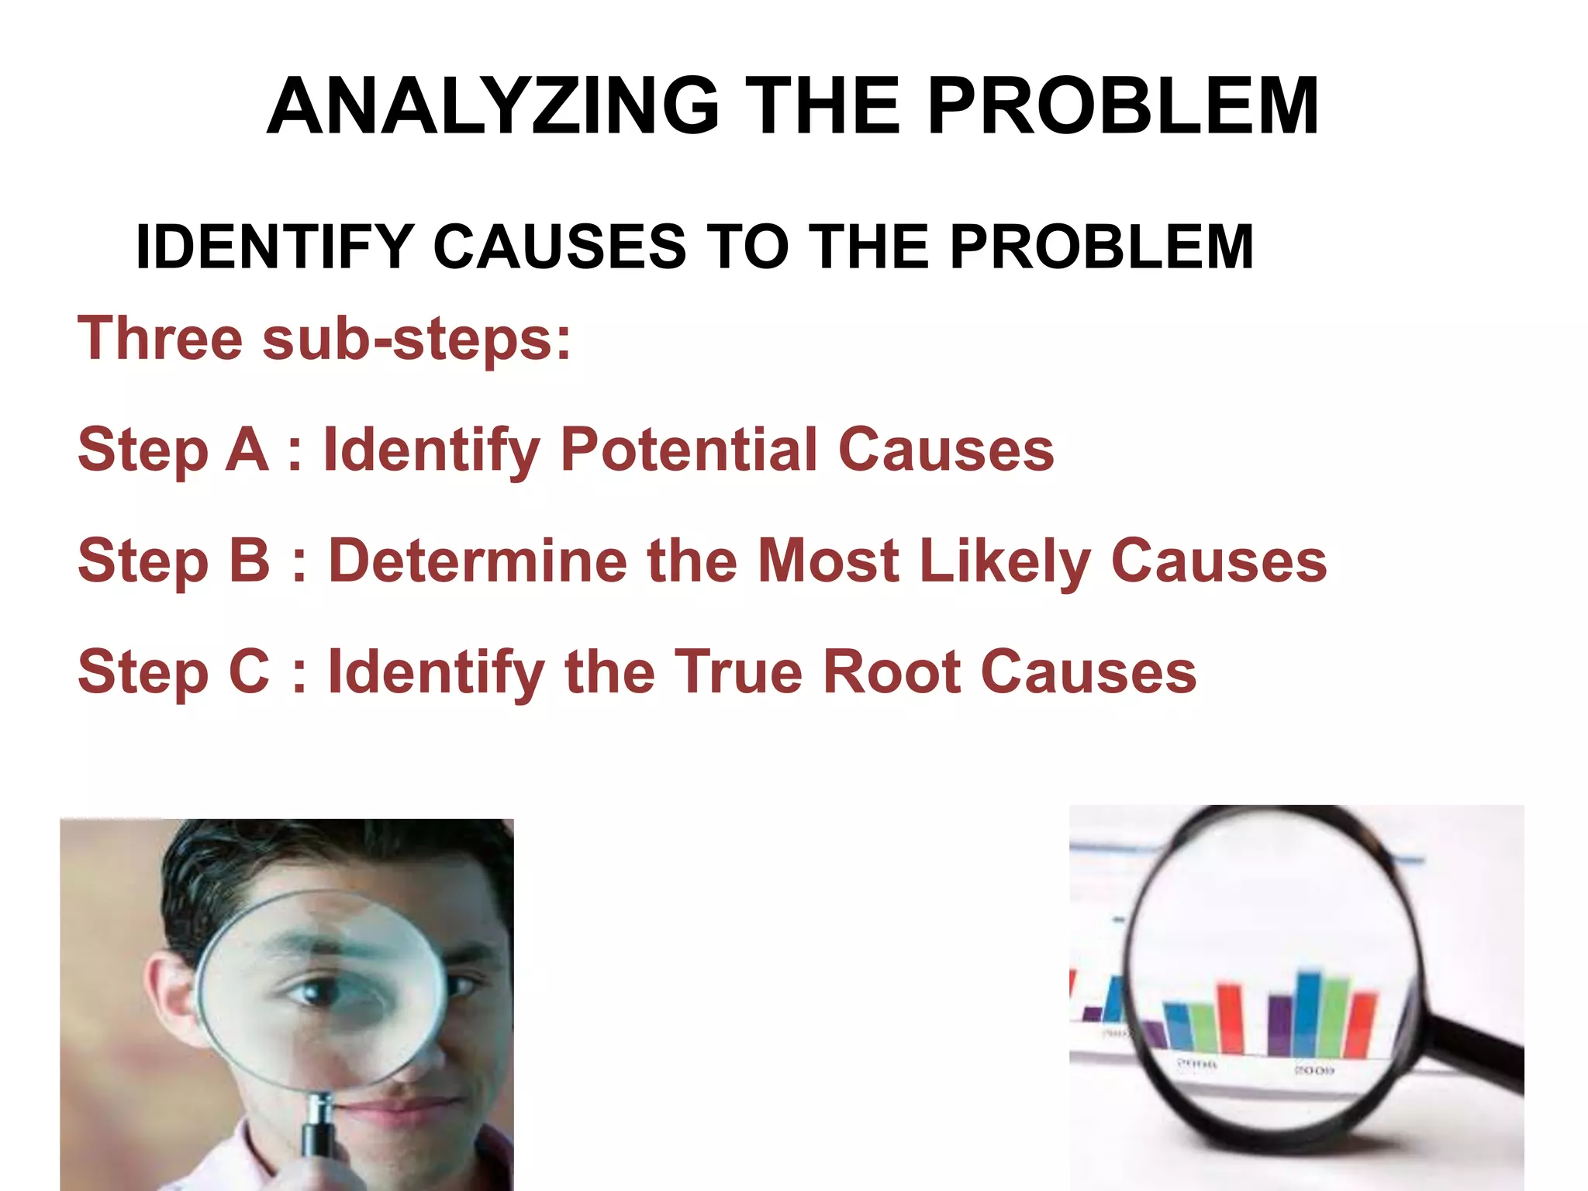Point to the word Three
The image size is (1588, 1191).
(160, 338)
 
